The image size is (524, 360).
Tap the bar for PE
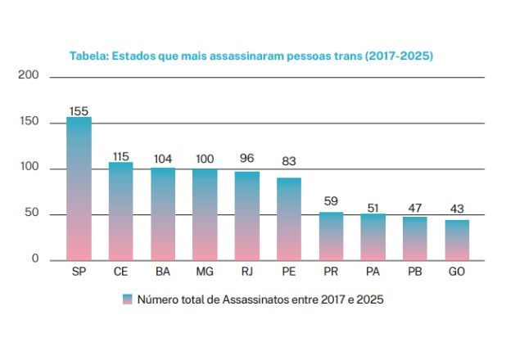coord(289,218)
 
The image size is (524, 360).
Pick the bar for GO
coord(457,240)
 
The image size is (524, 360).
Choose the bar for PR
coord(331,236)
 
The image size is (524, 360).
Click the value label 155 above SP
coord(79,110)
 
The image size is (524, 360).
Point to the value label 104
coord(163,159)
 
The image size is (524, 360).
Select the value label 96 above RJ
coord(247,158)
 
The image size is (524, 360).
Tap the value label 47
coord(415,209)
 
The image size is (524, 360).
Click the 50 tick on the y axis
coord(31,214)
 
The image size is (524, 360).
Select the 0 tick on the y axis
coord(35,259)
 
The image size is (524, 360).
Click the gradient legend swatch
coord(127,300)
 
